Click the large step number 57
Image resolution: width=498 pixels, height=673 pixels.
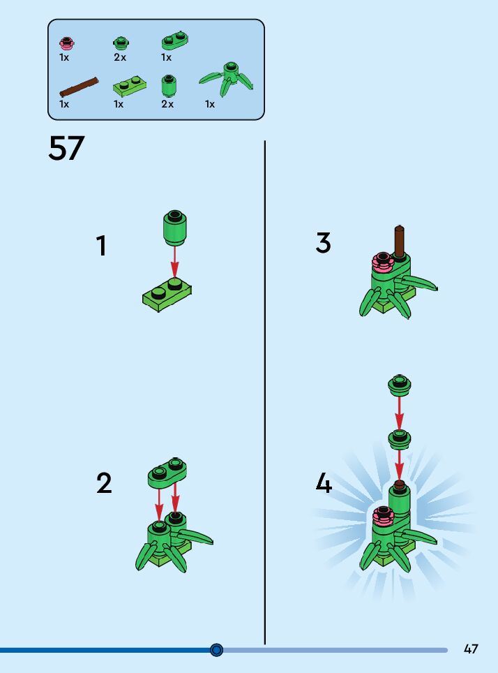click(66, 148)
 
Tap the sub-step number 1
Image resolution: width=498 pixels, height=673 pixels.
click(102, 246)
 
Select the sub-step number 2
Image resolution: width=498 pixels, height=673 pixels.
click(104, 483)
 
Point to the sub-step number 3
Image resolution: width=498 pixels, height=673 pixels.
click(323, 243)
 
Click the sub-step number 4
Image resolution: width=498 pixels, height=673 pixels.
click(324, 483)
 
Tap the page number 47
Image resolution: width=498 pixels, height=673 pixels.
click(471, 649)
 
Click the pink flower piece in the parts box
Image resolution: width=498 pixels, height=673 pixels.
click(67, 43)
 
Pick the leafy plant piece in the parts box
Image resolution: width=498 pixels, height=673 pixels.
click(227, 80)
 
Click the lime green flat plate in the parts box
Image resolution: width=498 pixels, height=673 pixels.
click(130, 87)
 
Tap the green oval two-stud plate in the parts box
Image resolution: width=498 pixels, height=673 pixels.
click(176, 40)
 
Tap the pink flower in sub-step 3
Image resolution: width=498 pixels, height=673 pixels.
click(382, 262)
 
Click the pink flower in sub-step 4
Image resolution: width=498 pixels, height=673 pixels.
click(382, 516)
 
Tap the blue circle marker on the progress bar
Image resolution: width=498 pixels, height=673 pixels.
click(217, 650)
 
